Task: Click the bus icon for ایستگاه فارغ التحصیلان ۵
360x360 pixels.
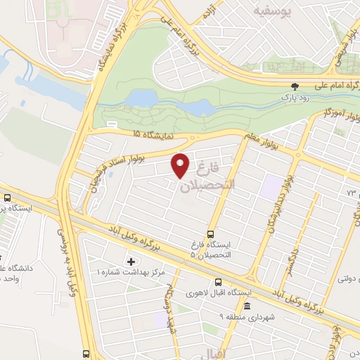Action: [x=210, y=235]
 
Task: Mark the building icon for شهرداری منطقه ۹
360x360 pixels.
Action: [x=246, y=307]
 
